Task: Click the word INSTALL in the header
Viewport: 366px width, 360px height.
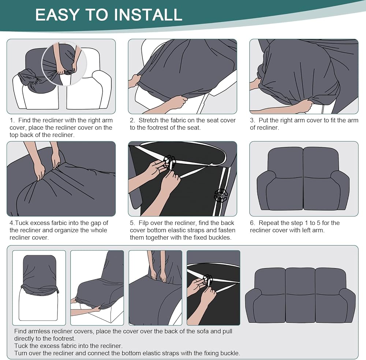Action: tap(148, 15)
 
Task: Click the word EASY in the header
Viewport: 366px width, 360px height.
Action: tap(57, 15)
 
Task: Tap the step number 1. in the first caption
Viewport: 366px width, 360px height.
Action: tap(12, 120)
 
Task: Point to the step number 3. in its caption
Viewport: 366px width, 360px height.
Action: tap(253, 120)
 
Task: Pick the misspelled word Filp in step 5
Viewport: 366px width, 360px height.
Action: tap(144, 223)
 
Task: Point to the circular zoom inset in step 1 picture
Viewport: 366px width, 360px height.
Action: tap(64, 64)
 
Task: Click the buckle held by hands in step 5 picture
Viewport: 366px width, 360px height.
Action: tap(169, 161)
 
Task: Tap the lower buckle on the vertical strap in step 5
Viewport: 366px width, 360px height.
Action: tap(220, 195)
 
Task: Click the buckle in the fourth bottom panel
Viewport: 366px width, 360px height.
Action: tap(207, 280)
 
